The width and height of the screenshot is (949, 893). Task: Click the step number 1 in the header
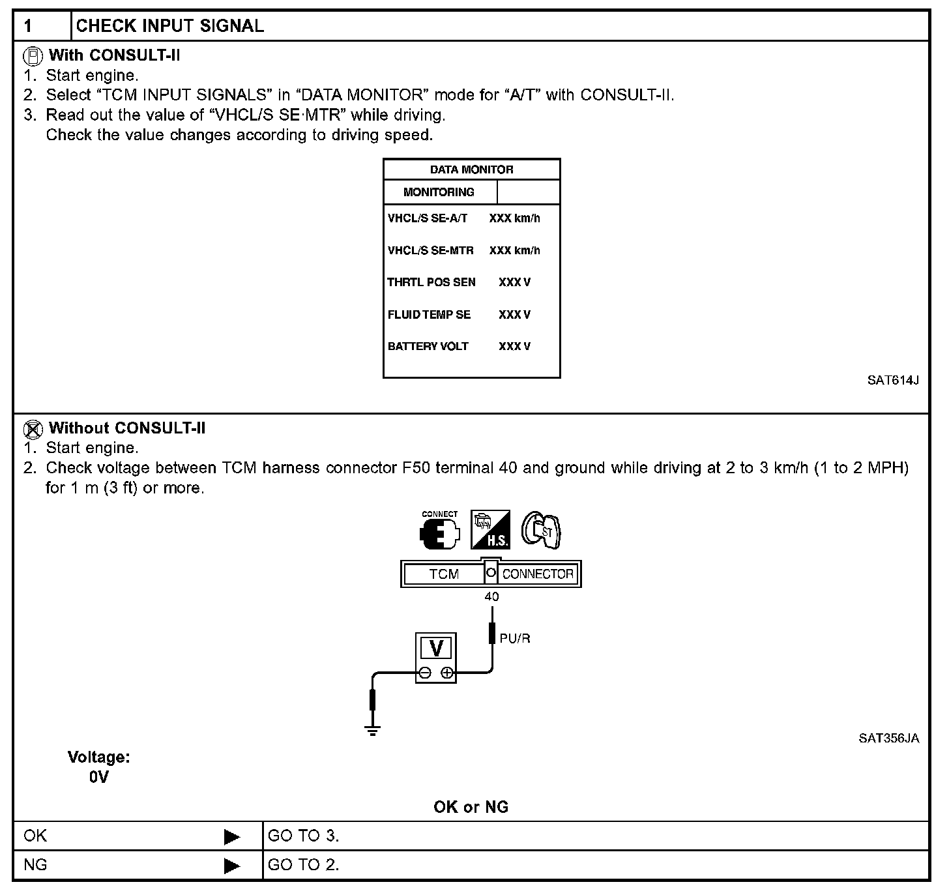coord(28,26)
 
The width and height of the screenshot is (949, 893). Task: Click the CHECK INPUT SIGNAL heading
coord(170,26)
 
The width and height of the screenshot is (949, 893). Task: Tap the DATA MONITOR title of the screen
coord(471,169)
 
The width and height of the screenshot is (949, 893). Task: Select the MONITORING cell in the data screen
coord(439,192)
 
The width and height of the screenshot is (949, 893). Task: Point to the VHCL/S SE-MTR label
coord(430,250)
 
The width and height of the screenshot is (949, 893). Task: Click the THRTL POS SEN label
coord(431,282)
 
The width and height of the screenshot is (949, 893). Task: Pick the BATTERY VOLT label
coord(428,346)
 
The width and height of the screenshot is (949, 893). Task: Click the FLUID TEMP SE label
coord(429,314)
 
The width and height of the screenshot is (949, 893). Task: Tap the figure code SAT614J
coord(892,380)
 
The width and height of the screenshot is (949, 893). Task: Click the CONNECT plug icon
coord(439,531)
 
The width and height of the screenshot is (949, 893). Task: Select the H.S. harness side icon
coord(490,529)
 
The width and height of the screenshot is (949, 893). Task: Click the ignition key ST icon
coord(541,530)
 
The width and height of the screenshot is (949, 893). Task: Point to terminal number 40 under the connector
coord(491,596)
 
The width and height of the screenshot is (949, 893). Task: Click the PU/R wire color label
coord(515,638)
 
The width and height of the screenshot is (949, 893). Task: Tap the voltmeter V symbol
coord(436,649)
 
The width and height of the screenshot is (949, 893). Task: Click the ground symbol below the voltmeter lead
coord(372,729)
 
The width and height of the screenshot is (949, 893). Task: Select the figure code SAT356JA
coord(888,738)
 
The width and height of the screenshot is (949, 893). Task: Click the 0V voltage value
coord(99,777)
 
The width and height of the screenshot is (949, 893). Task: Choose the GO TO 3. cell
coord(303,836)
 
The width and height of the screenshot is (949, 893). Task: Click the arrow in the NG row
coord(231,866)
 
